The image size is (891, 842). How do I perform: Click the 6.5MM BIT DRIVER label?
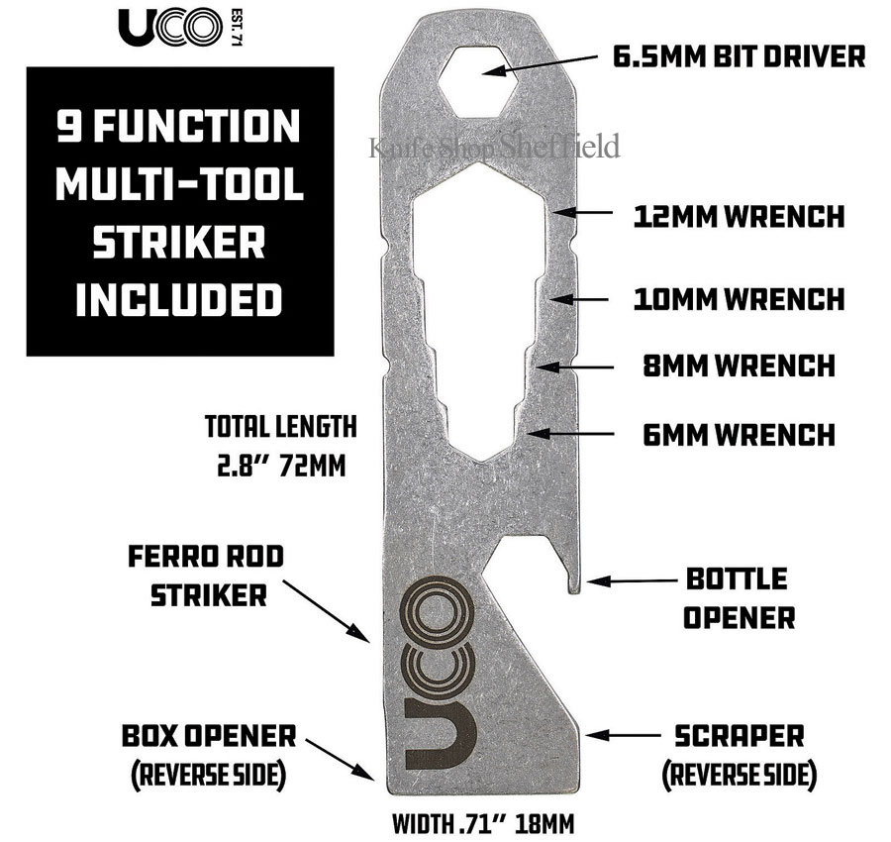pyautogui.click(x=739, y=56)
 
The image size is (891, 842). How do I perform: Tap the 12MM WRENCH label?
pyautogui.click(x=740, y=217)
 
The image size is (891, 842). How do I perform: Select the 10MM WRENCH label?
pyautogui.click(x=740, y=299)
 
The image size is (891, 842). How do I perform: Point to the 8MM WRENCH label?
pyautogui.click(x=740, y=366)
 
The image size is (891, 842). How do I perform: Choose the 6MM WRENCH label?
pyautogui.click(x=740, y=435)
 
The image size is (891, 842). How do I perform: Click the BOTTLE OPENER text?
pyautogui.click(x=739, y=598)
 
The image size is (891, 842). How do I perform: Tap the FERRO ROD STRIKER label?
pyautogui.click(x=206, y=576)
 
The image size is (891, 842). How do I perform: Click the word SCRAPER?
pyautogui.click(x=740, y=736)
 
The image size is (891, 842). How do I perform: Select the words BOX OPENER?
pyautogui.click(x=209, y=736)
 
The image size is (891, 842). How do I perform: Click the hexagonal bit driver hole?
pyautogui.click(x=480, y=81)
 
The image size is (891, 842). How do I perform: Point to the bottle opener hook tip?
pyautogui.click(x=575, y=589)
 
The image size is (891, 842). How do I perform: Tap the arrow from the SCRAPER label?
pyautogui.click(x=624, y=735)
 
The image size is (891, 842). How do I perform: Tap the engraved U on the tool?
pyautogui.click(x=441, y=734)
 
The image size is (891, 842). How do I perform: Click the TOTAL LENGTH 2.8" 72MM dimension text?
pyautogui.click(x=281, y=447)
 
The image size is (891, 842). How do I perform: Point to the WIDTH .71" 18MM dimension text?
pyautogui.click(x=483, y=823)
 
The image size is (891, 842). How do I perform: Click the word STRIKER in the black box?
pyautogui.click(x=179, y=242)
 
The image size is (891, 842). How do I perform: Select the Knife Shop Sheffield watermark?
pyautogui.click(x=494, y=147)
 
